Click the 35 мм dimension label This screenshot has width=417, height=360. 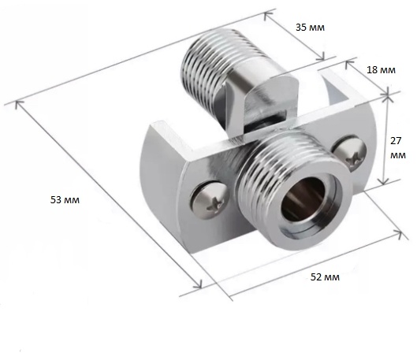[310, 28]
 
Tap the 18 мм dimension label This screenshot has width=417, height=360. [381, 70]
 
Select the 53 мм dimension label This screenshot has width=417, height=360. [65, 199]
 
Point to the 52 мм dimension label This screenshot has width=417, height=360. [325, 277]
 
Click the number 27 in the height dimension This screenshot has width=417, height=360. [396, 141]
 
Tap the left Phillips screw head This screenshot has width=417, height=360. [210, 200]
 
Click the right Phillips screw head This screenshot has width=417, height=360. [350, 154]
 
